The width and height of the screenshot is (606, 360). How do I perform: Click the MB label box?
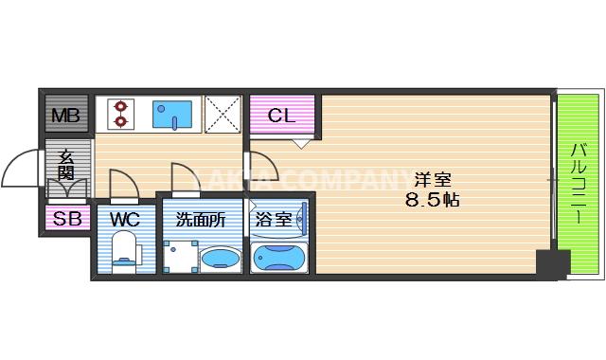[65, 117]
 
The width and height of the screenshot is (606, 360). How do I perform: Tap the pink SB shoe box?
[65, 220]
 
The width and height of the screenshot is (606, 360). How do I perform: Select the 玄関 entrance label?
[66, 166]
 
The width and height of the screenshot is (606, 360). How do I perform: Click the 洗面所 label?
[201, 220]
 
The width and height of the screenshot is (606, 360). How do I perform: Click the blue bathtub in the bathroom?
[278, 258]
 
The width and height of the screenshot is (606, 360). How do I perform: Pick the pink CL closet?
[282, 117]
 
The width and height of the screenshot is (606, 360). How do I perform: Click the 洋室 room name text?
[432, 179]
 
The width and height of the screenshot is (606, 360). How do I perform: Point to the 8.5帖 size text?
[432, 200]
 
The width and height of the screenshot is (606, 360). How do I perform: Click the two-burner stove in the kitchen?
[120, 114]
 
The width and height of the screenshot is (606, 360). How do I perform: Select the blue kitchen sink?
[174, 115]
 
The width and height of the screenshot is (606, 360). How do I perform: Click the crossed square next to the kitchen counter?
[223, 115]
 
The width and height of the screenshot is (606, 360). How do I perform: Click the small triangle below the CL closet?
[299, 143]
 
